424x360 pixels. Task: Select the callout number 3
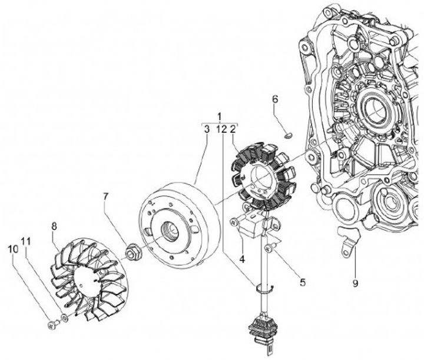point(207,128)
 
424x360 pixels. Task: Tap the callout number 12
point(221,128)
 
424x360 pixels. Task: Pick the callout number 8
point(54,226)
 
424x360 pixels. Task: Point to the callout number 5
point(303,282)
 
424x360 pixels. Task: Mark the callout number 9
point(355,282)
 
